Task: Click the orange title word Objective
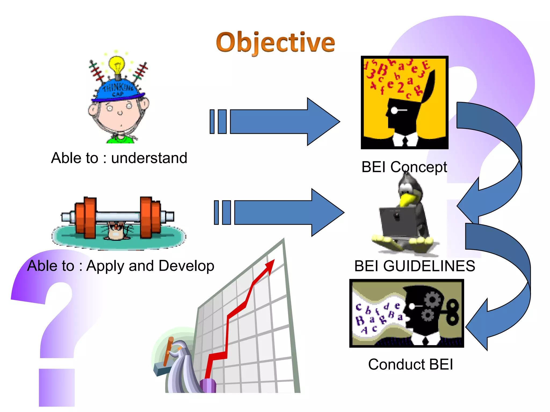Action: click(276, 42)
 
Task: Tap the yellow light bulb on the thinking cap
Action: click(117, 65)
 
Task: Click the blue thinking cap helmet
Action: click(118, 90)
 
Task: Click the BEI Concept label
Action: click(404, 167)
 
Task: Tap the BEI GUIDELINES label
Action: click(415, 266)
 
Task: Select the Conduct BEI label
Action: click(410, 364)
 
